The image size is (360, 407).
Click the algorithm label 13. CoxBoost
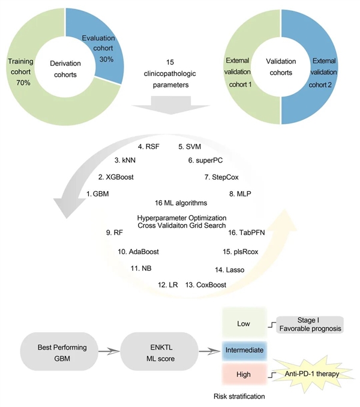[x=206, y=285]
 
